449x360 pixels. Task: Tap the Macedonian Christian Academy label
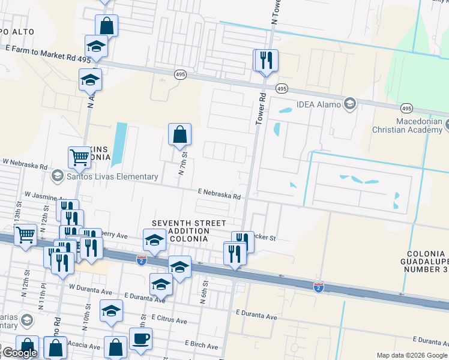point(410,125)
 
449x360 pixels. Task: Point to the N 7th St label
point(183,163)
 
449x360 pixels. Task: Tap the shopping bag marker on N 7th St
point(180,134)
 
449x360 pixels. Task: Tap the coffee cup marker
point(140,338)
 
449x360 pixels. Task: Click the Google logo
point(19,353)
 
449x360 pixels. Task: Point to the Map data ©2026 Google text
point(412,355)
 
